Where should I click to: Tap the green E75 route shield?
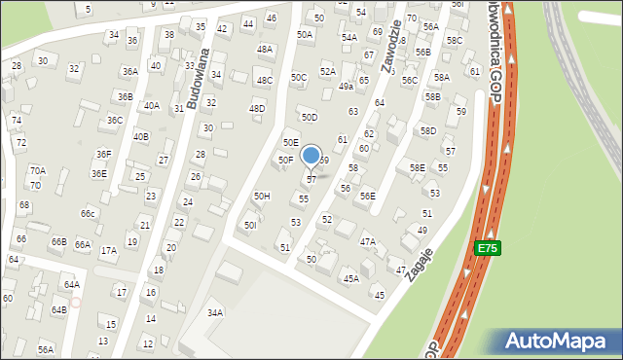[488, 249]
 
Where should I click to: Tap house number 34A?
[215, 312]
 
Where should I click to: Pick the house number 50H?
[262, 196]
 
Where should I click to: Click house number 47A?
[367, 241]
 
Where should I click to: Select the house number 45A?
[350, 278]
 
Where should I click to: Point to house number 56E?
[367, 196]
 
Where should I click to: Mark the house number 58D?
[428, 130]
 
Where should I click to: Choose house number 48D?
[257, 108]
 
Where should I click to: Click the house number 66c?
[89, 213]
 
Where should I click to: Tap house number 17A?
[108, 250]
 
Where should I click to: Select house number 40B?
[141, 137]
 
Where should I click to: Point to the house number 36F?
[103, 154]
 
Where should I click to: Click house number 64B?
[59, 309]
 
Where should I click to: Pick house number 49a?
[346, 87]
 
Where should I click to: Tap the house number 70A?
[37, 170]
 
